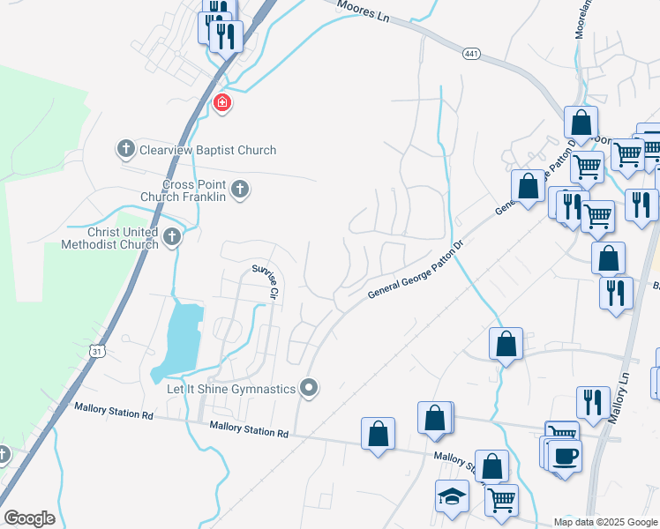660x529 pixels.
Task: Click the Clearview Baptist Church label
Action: click(207, 150)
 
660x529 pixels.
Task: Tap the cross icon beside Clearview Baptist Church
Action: click(126, 149)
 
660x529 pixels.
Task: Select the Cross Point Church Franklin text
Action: click(194, 190)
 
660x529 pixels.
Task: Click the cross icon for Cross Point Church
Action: click(239, 188)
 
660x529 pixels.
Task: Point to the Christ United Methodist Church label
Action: click(110, 238)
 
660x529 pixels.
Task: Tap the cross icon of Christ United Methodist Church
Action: click(172, 236)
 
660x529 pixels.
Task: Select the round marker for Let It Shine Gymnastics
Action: click(309, 387)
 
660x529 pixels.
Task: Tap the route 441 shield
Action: click(471, 55)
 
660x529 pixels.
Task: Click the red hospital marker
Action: click(222, 104)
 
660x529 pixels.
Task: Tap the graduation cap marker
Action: click(452, 495)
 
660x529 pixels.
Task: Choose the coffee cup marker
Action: click(564, 456)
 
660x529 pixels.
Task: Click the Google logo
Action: click(29, 518)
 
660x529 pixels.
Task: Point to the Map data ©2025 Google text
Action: click(605, 522)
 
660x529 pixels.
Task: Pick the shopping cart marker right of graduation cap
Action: click(501, 500)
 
